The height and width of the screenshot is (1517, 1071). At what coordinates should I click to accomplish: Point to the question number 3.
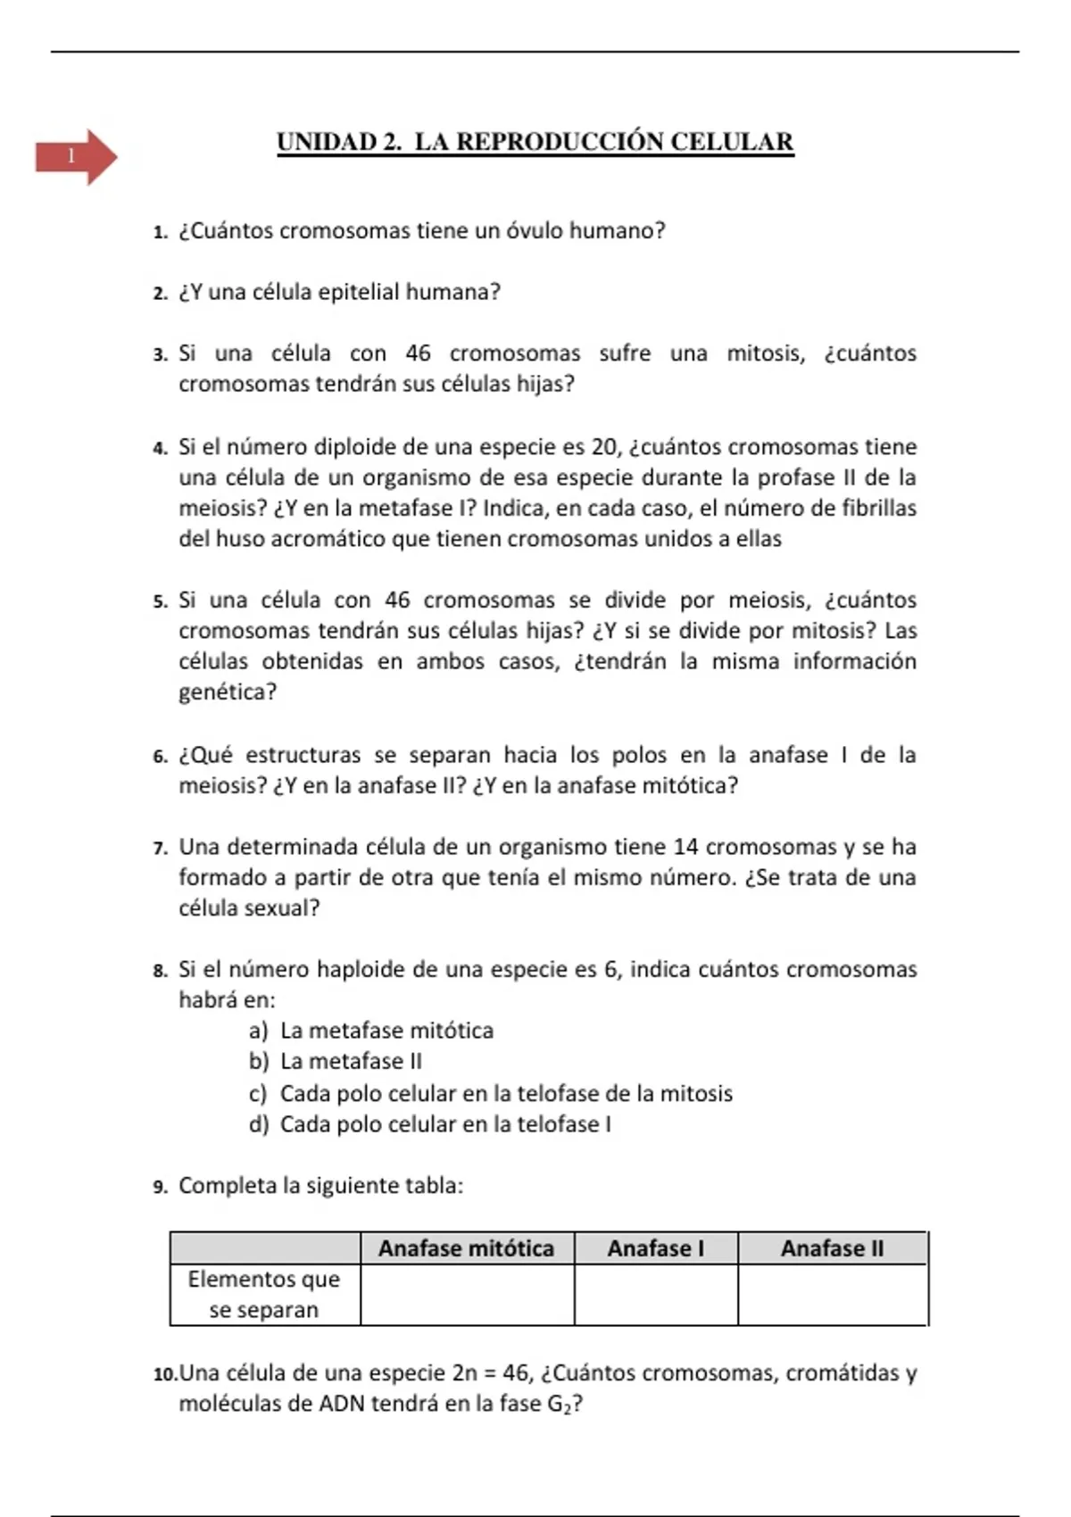(160, 355)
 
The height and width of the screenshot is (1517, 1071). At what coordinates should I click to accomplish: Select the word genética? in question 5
(228, 692)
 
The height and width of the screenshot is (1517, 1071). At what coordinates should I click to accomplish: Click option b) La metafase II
(336, 1062)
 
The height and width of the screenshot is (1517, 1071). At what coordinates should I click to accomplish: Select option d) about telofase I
(430, 1124)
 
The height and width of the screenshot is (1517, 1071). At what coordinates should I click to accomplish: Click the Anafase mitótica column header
(466, 1248)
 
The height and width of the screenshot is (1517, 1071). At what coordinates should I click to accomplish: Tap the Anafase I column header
(655, 1248)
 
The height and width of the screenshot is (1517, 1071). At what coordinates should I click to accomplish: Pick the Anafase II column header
(832, 1248)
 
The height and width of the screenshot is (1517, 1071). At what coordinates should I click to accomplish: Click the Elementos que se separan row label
(264, 1295)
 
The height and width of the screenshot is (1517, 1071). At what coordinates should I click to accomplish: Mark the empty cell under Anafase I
(655, 1295)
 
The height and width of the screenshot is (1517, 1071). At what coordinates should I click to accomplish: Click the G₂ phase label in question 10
(560, 1405)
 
